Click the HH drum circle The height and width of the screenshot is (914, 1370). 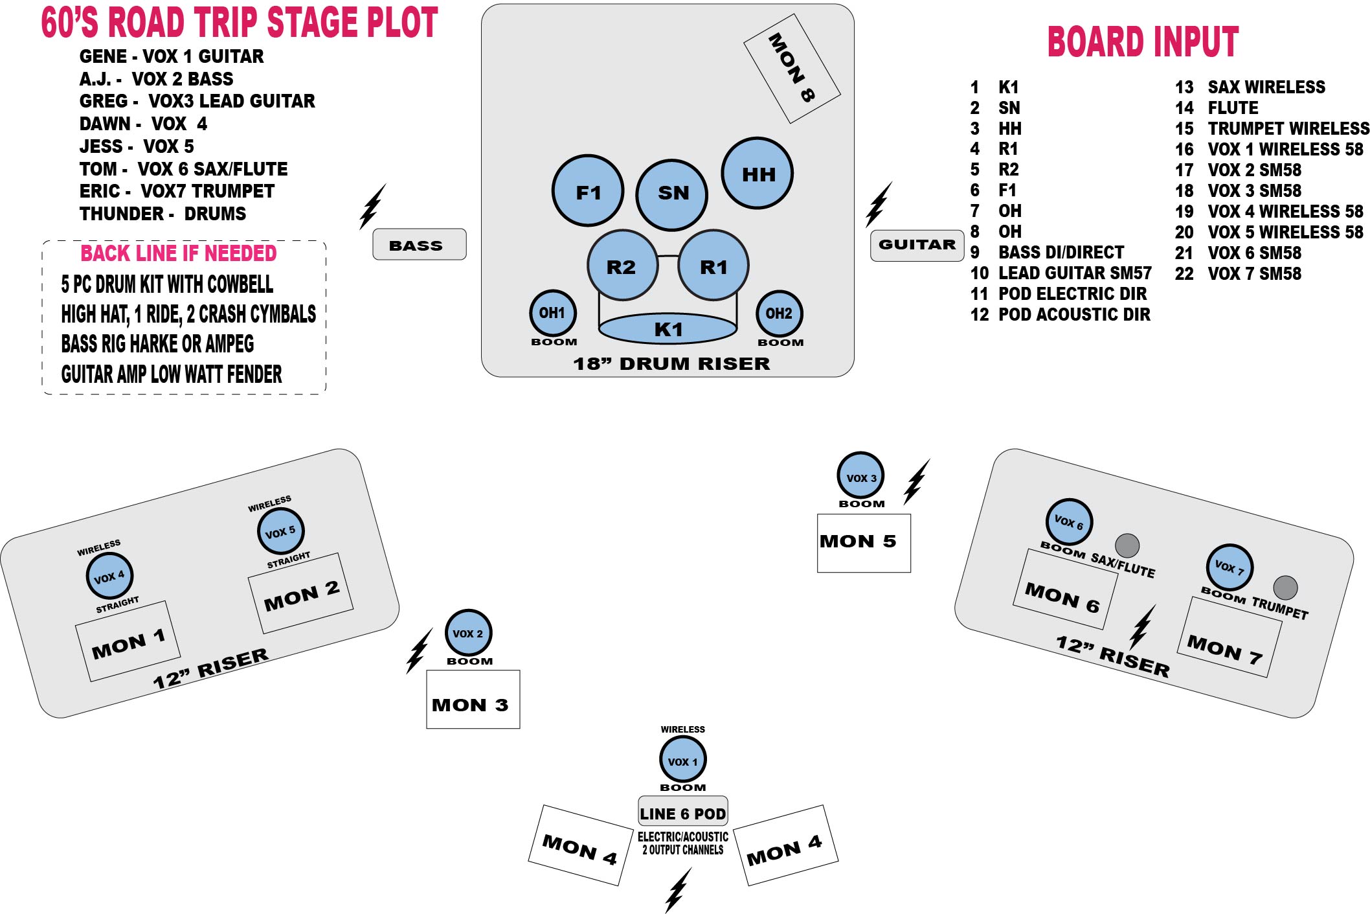(x=757, y=173)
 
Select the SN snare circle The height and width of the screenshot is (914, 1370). (x=672, y=194)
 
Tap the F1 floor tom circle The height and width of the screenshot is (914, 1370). (x=588, y=190)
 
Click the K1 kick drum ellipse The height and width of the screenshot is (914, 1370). (x=668, y=328)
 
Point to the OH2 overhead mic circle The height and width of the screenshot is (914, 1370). (x=779, y=314)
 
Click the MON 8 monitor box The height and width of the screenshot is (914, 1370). (x=792, y=68)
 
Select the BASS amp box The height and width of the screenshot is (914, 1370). (x=420, y=244)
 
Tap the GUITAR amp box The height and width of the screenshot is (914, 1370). (x=917, y=246)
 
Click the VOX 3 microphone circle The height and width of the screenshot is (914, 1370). (x=860, y=475)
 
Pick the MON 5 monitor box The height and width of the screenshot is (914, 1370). (x=864, y=543)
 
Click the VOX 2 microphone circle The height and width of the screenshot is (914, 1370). (x=468, y=633)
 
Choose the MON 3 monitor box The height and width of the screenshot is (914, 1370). (x=473, y=699)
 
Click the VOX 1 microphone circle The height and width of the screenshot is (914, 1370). (x=682, y=760)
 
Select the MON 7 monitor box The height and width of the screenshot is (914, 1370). (x=1229, y=637)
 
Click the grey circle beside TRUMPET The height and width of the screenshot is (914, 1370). (x=1285, y=588)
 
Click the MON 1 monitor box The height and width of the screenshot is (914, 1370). (x=128, y=641)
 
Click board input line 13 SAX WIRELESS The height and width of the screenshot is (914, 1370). (x=1250, y=87)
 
